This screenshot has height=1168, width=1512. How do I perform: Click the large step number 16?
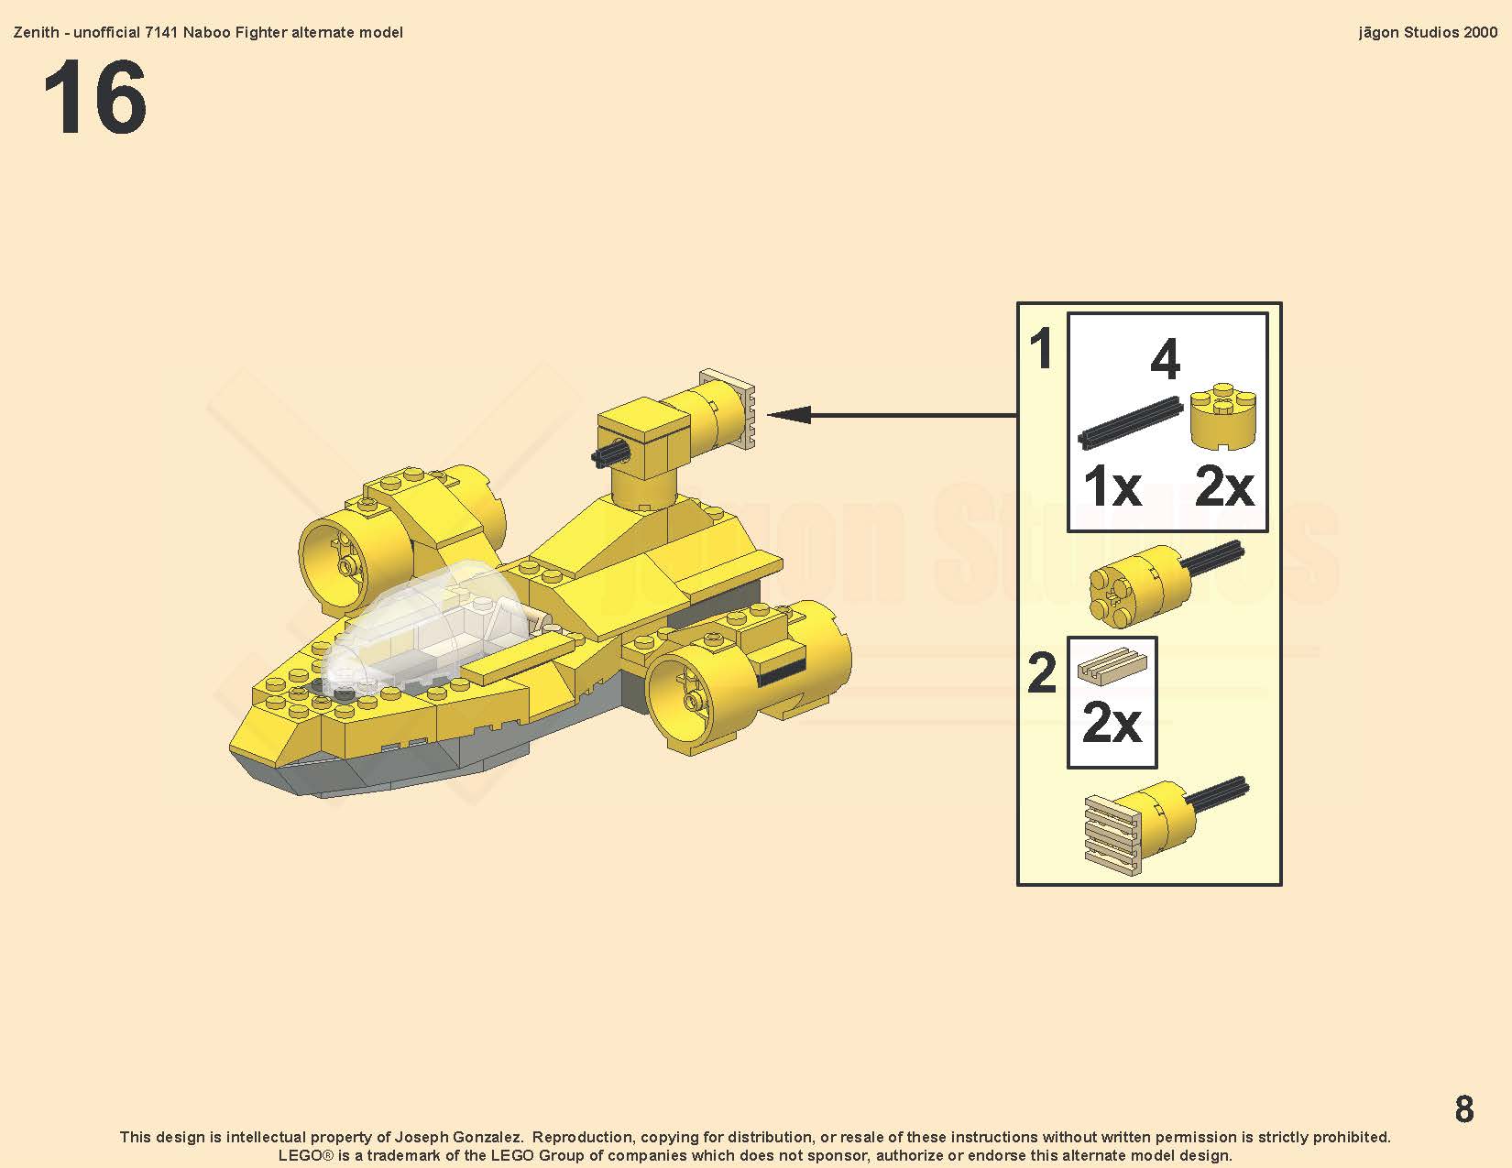coord(94,97)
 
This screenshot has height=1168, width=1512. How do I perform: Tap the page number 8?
coord(1464,1108)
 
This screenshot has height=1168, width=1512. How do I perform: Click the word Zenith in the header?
coord(36,32)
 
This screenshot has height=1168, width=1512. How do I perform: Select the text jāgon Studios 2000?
coord(1428,32)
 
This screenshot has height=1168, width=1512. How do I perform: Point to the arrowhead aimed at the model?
coord(788,415)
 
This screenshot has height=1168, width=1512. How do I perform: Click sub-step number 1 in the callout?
coord(1041,349)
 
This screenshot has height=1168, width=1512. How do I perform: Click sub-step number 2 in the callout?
coord(1042,672)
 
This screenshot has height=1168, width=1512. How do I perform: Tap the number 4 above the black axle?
coord(1166,359)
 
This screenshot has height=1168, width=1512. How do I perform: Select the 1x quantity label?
coord(1112,486)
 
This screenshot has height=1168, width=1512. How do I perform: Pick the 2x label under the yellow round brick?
coord(1224,486)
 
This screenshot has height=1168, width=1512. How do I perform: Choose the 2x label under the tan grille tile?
coord(1112,723)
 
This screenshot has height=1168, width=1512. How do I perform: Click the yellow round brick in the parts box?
coord(1223,415)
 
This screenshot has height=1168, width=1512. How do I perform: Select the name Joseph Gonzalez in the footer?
coord(458,1137)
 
